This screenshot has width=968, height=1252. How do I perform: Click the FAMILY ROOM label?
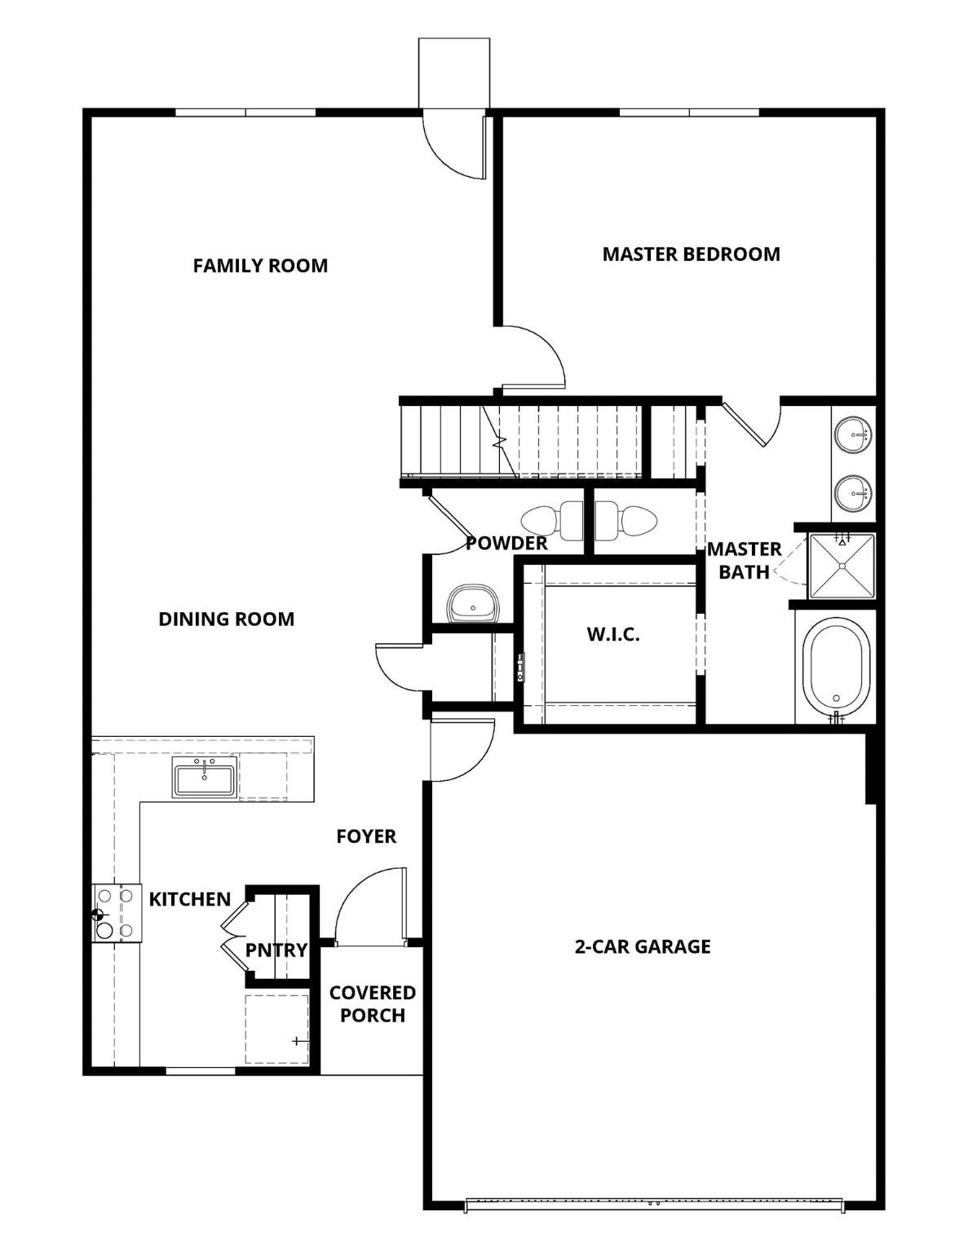[260, 266]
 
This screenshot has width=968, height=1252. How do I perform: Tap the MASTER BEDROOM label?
[691, 254]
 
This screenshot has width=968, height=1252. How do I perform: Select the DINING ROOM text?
[226, 619]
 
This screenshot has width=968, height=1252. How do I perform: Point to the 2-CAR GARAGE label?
[643, 946]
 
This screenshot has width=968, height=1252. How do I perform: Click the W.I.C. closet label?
[613, 634]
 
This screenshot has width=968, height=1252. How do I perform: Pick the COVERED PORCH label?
[372, 1004]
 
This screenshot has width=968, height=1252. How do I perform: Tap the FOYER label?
[366, 836]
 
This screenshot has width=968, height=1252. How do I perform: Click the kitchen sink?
[204, 778]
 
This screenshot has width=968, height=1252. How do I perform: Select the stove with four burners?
[113, 913]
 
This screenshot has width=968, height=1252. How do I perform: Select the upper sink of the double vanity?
[853, 434]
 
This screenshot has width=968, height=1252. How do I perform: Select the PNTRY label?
[276, 950]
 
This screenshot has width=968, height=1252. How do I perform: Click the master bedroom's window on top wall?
[689, 112]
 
